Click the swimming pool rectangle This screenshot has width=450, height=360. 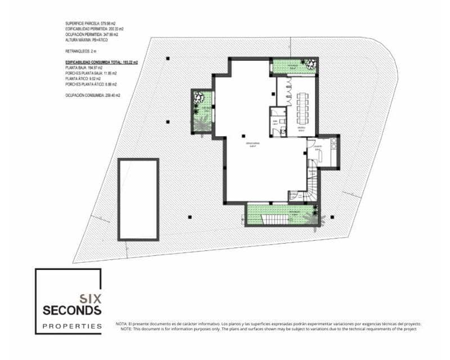coord(138,199)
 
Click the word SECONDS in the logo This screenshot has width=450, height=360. coord(72,310)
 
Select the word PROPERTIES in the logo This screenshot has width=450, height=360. coord(73,326)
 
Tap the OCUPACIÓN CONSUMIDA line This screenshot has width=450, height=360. coord(93,96)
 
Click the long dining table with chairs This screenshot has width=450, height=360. coord(303,106)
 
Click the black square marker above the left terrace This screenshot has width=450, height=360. coord(168,58)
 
